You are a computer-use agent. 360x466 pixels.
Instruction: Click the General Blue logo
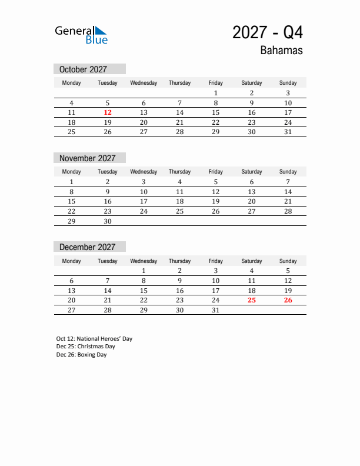pyautogui.click(x=81, y=35)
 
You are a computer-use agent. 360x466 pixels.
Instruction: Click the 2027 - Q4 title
pyautogui.click(x=268, y=32)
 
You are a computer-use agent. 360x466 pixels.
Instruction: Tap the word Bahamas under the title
pyautogui.click(x=281, y=51)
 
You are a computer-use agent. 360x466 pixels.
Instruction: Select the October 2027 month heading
pyautogui.click(x=83, y=69)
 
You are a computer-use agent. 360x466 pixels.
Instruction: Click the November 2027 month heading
pyautogui.click(x=87, y=158)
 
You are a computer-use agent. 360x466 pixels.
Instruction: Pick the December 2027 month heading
pyautogui.click(x=87, y=247)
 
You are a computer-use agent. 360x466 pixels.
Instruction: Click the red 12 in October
pyautogui.click(x=108, y=112)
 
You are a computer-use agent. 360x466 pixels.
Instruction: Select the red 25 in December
pyautogui.click(x=252, y=300)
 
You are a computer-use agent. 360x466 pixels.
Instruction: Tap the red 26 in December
pyautogui.click(x=288, y=300)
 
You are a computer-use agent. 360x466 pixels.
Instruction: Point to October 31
pyautogui.click(x=288, y=132)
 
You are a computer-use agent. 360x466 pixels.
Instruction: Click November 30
pyautogui.click(x=108, y=221)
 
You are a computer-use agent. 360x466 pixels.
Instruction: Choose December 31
pyautogui.click(x=216, y=309)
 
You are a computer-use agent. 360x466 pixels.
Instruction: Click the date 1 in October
pyautogui.click(x=216, y=93)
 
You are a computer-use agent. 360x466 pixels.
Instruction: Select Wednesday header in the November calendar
pyautogui.click(x=144, y=172)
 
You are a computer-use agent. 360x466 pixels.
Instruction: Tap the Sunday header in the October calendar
pyautogui.click(x=288, y=83)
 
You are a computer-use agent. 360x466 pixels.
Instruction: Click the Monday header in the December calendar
pyautogui.click(x=72, y=261)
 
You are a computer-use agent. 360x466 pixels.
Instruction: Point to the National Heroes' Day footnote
pyautogui.click(x=94, y=339)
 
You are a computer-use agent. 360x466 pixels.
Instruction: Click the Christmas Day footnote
pyautogui.click(x=85, y=347)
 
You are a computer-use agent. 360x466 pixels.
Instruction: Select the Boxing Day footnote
pyautogui.click(x=81, y=355)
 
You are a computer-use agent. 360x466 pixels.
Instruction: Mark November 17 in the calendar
pyautogui.click(x=144, y=201)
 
